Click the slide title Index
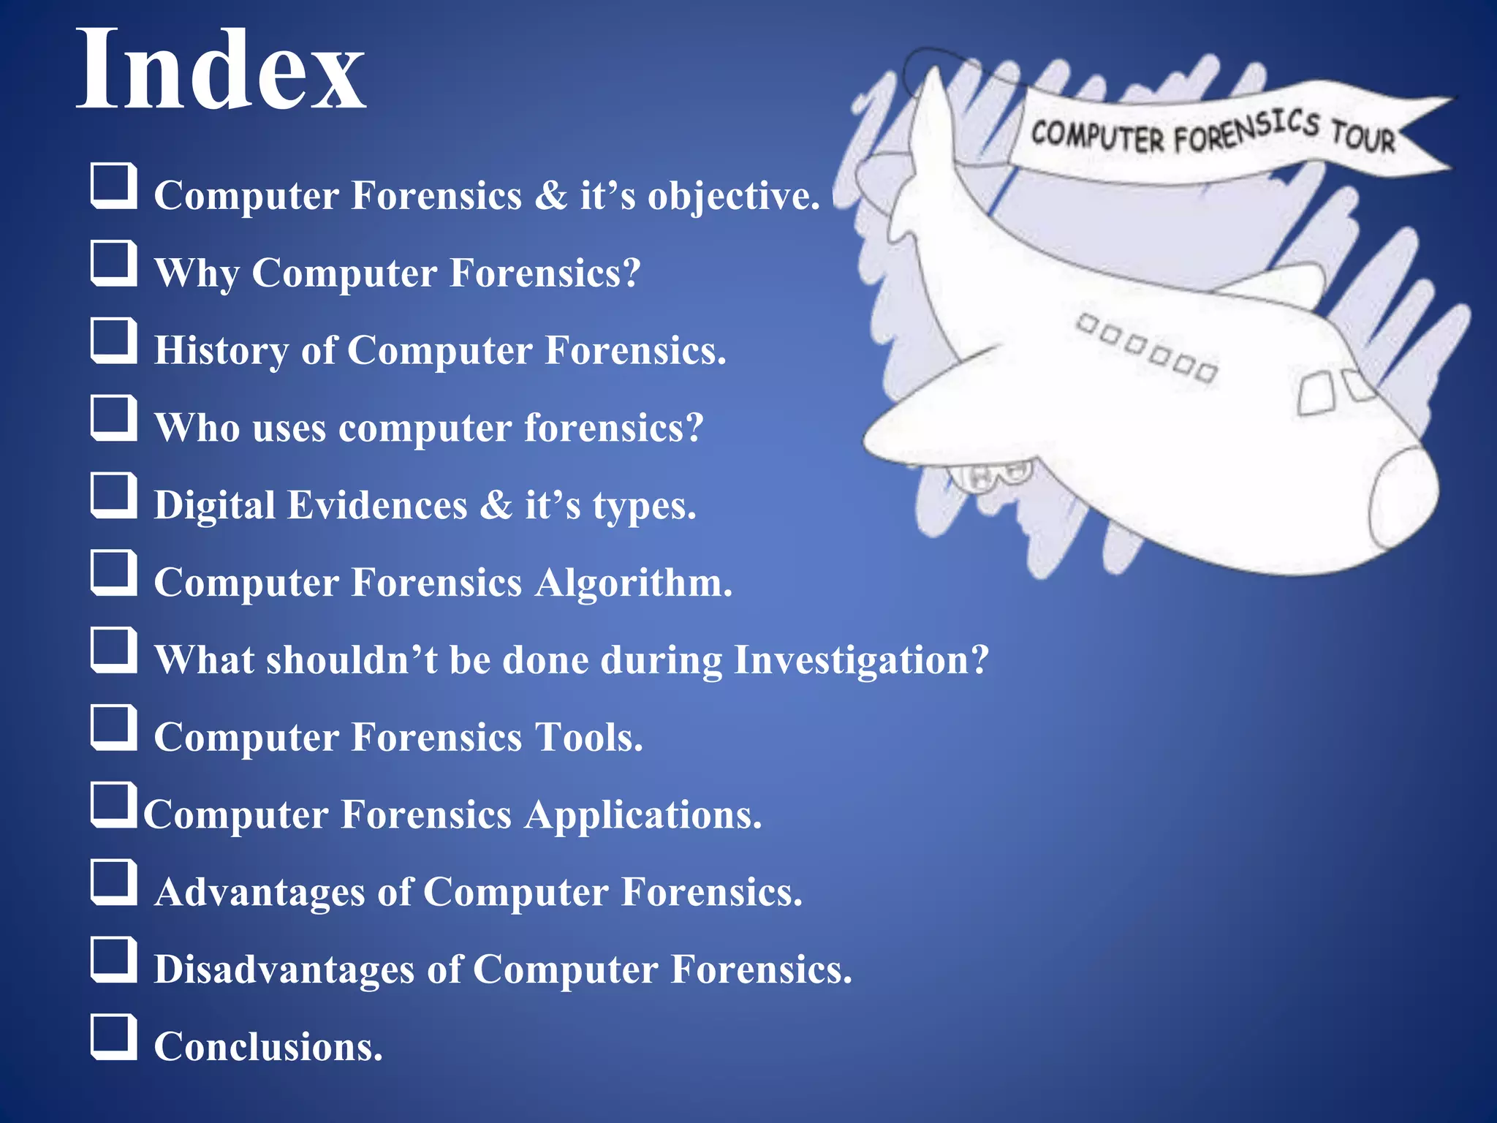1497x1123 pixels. click(x=220, y=69)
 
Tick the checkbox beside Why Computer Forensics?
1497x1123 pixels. click(x=114, y=263)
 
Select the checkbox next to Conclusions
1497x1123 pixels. click(x=114, y=1037)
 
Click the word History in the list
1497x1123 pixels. click(x=221, y=350)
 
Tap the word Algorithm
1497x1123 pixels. click(x=633, y=583)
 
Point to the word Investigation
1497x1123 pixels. click(x=860, y=660)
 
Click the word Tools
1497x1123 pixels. click(x=588, y=737)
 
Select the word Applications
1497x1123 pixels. click(x=643, y=815)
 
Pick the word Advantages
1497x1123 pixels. click(x=259, y=892)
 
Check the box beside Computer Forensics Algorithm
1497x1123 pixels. click(x=114, y=572)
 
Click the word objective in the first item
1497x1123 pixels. click(x=733, y=196)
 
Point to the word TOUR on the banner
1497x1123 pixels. click(x=1363, y=135)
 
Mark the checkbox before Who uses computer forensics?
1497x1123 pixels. click(x=114, y=418)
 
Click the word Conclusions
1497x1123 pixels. click(x=268, y=1047)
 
